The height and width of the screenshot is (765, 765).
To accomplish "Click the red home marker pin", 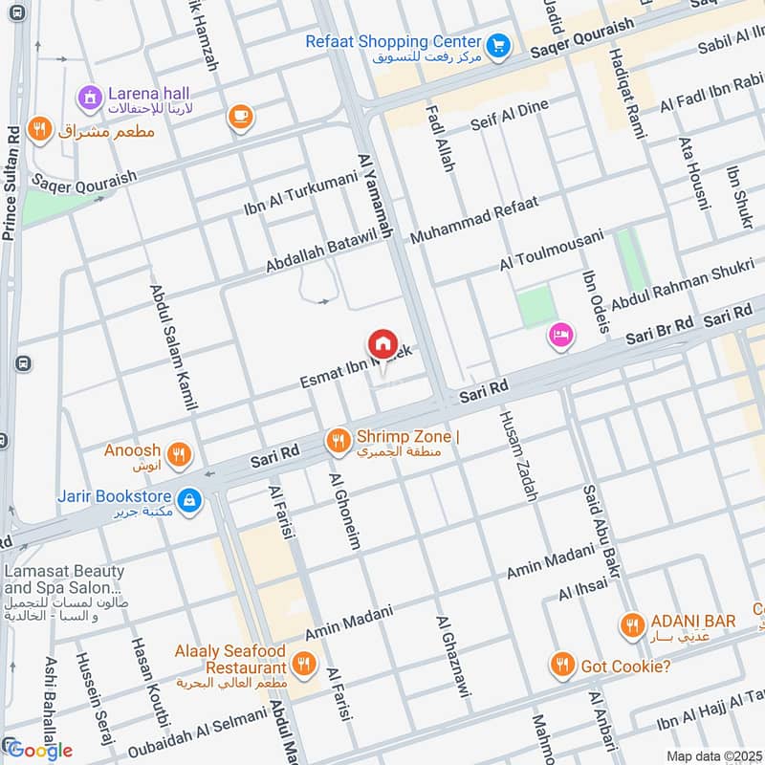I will coord(382,342).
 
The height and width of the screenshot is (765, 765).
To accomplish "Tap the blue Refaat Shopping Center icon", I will coord(496,43).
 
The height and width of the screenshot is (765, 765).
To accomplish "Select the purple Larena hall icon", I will coord(90,96).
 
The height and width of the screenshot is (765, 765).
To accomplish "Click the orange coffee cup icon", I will coord(239,118).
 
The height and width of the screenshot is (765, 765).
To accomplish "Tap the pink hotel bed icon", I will coord(560,335).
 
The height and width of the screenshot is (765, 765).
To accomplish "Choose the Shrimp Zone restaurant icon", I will coord(337,440).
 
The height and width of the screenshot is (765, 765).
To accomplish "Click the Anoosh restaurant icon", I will coord(178,453).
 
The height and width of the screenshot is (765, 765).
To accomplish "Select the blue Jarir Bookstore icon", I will coord(190,498).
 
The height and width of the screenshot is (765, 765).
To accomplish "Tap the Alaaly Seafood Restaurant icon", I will coord(305,662).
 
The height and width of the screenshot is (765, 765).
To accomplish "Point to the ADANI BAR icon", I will coord(631,625).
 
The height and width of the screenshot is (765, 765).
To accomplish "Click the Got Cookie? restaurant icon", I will coord(562,663).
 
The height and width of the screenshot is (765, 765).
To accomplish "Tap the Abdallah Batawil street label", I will coord(319,251).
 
